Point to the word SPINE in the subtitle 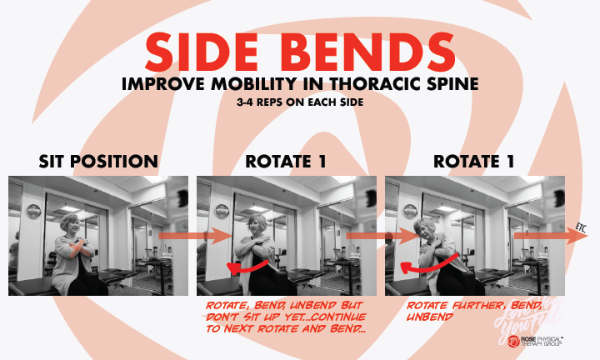coord(448,84)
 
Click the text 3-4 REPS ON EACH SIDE coord(299,103)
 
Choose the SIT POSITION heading coord(98,161)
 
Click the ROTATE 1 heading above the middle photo coord(285,161)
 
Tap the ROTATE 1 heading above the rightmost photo coord(473,161)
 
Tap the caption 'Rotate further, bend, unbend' coord(454,310)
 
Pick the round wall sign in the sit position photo coord(34,210)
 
